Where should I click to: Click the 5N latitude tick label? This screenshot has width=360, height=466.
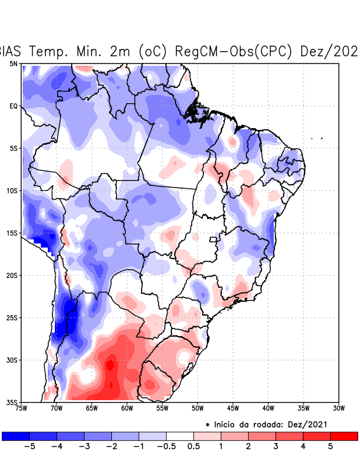(x=13, y=63)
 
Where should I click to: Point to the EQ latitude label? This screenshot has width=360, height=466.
(x=13, y=106)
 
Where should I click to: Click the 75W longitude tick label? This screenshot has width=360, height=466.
(x=21, y=408)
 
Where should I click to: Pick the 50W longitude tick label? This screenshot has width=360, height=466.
(x=197, y=408)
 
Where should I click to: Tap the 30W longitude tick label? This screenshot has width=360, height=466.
(x=339, y=408)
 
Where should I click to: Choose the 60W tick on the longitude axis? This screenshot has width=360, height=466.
(x=127, y=408)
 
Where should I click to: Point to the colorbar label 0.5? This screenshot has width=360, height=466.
(x=194, y=446)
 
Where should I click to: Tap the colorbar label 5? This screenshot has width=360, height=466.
(x=330, y=446)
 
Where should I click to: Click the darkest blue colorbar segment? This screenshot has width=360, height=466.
(x=16, y=436)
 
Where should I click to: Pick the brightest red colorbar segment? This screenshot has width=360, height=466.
(x=344, y=436)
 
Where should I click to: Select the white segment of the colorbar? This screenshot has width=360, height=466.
(x=180, y=436)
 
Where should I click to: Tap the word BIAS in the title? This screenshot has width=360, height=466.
(x=10, y=51)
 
